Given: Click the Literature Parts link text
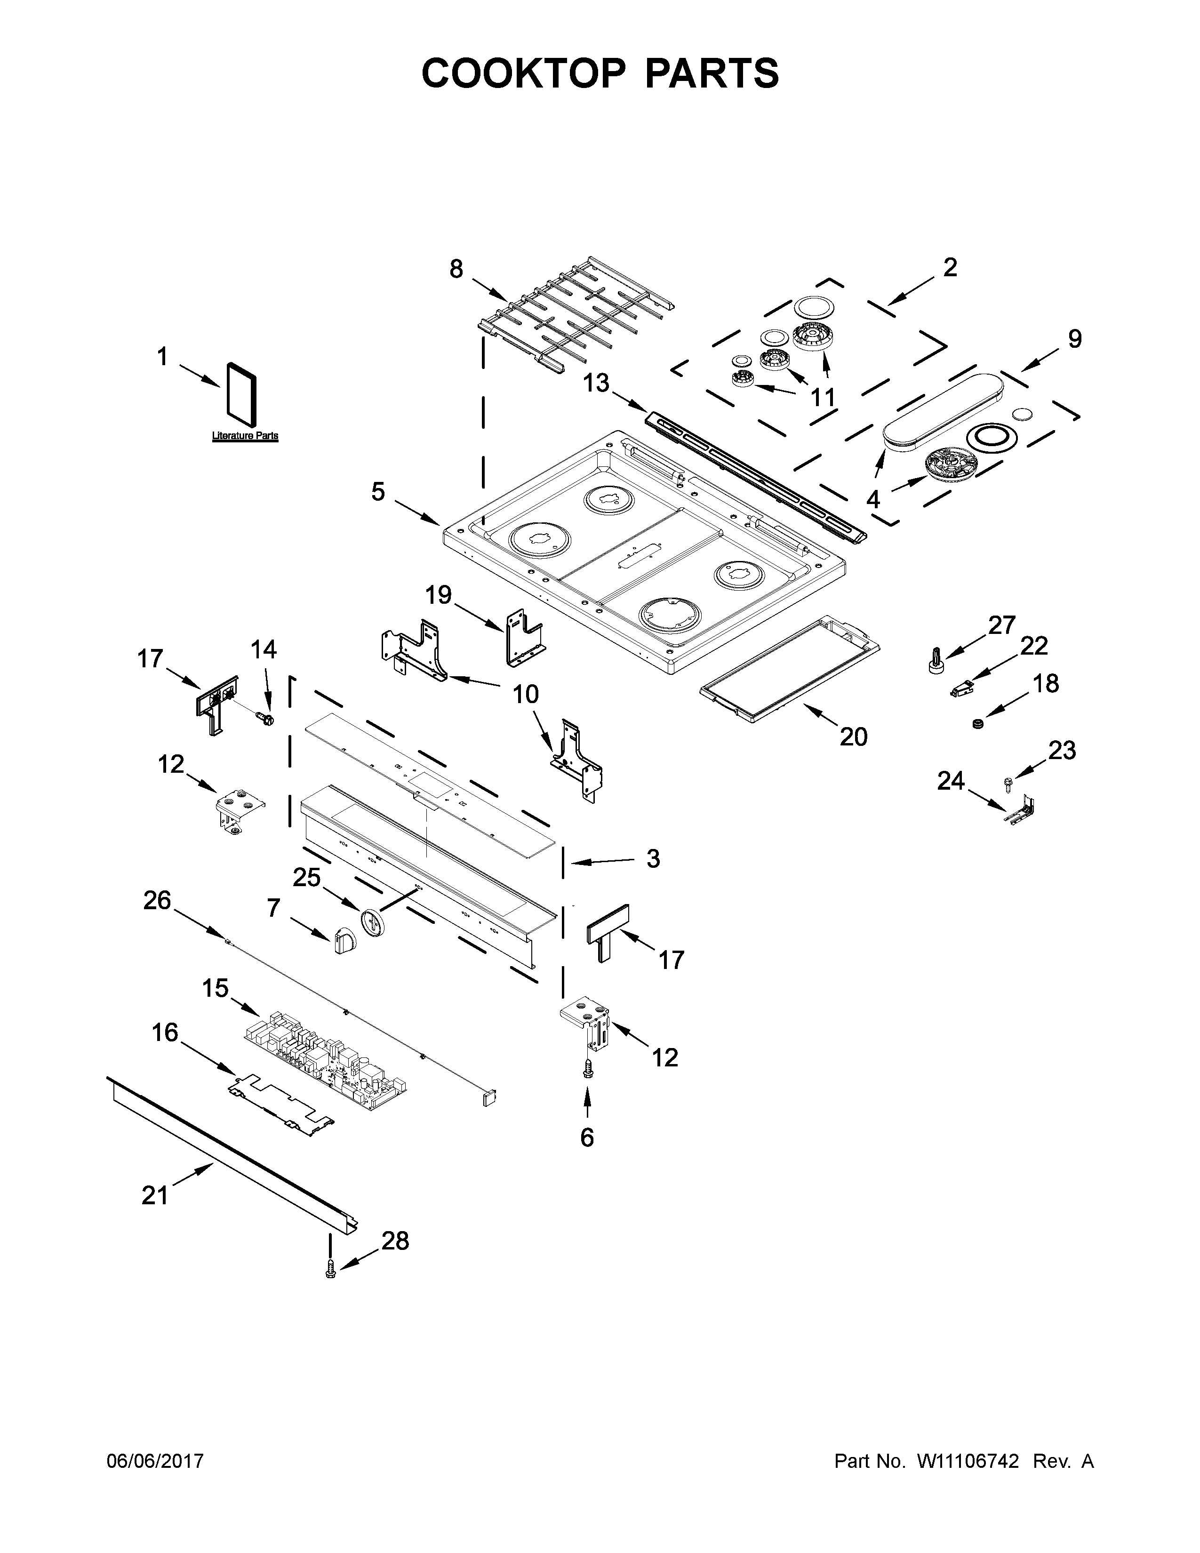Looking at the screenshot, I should point(245,436).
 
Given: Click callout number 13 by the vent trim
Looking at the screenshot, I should point(596,383).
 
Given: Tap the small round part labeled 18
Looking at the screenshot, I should point(978,724).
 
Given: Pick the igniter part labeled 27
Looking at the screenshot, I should point(934,661).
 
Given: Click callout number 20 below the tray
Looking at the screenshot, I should point(853,736).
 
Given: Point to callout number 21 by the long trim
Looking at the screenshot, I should point(155,1195).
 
